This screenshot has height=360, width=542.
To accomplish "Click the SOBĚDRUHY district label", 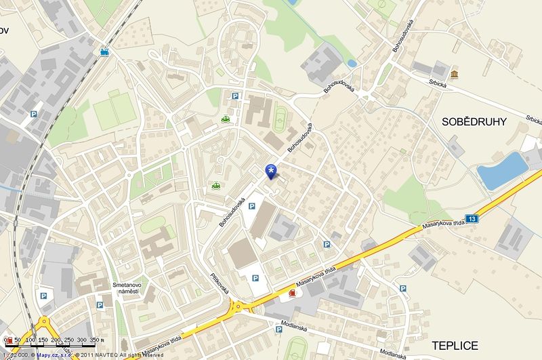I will pyautogui.click(x=474, y=123).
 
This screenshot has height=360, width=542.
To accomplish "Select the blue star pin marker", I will pyautogui.click(x=272, y=170).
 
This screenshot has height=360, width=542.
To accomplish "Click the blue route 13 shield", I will pyautogui.click(x=472, y=218).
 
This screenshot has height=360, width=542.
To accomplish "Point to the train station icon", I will pyautogui.click(x=104, y=51).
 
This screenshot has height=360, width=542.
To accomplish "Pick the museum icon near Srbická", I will pyautogui.click(x=453, y=73).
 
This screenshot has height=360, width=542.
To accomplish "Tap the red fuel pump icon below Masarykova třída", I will pyautogui.click(x=291, y=294).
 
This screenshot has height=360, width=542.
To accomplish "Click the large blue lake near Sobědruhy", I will pyautogui.click(x=502, y=170).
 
